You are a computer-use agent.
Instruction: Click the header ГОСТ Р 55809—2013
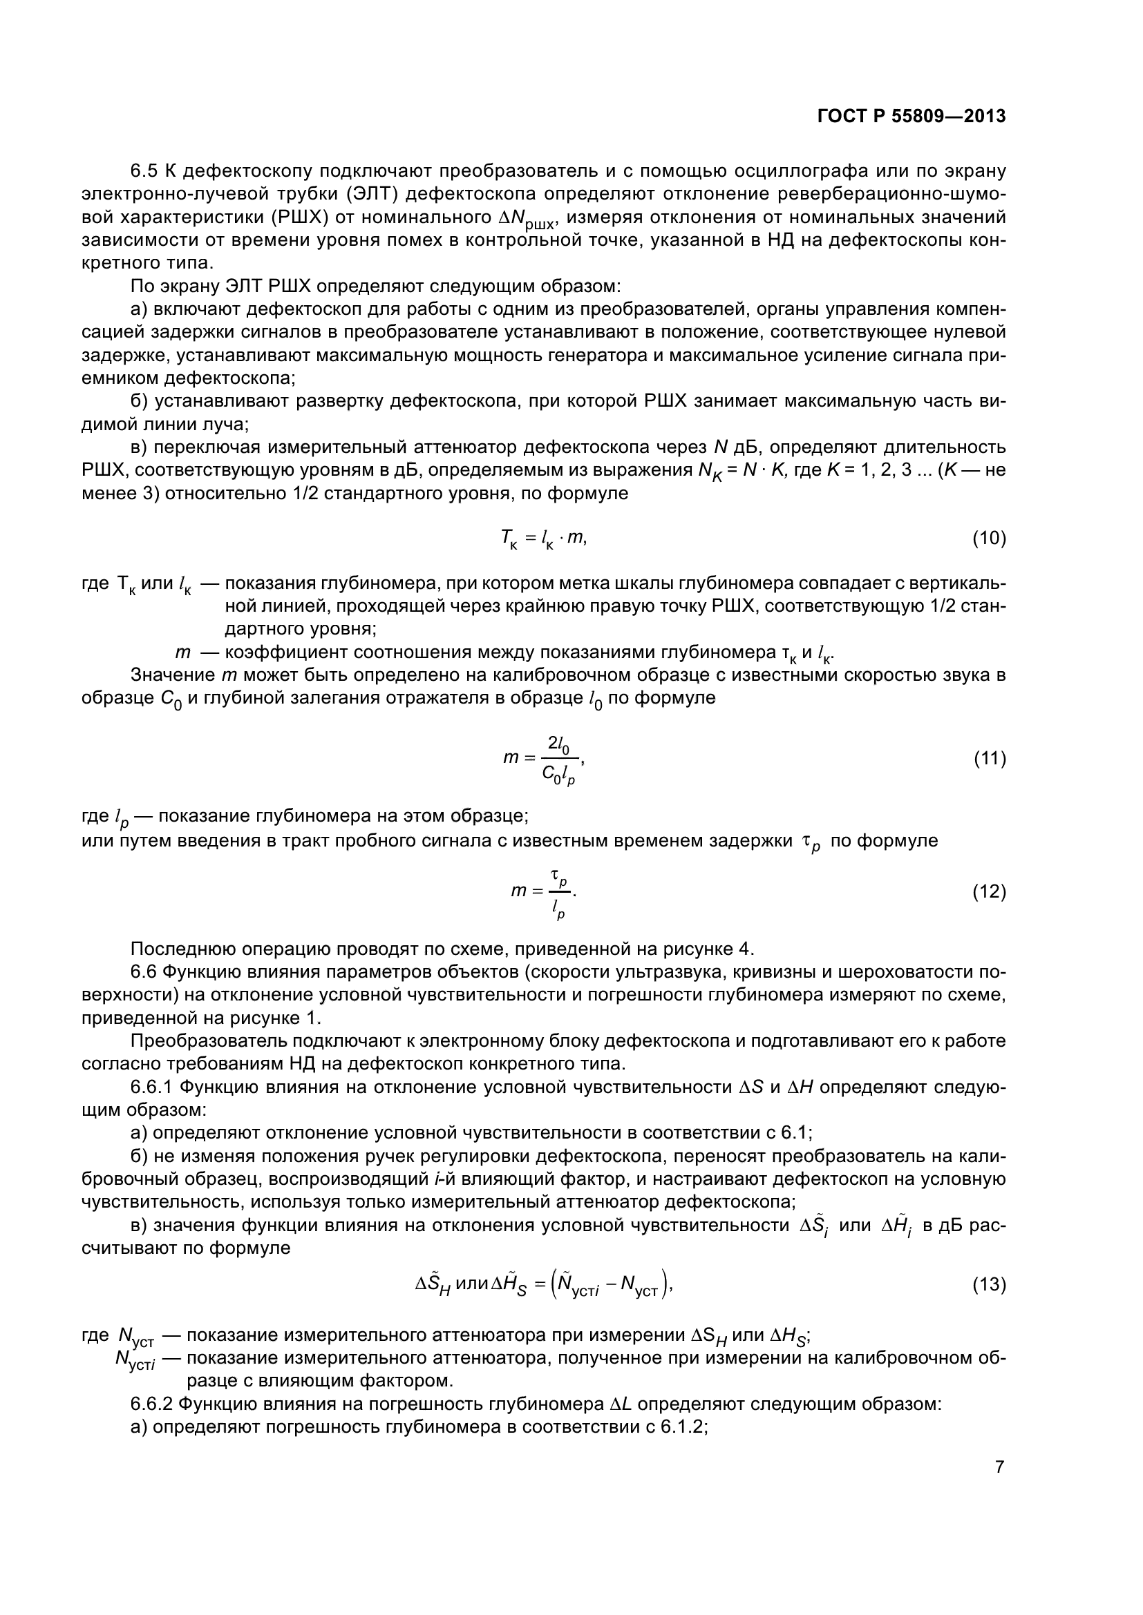tap(911, 117)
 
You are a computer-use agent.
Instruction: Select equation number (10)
tap(989, 539)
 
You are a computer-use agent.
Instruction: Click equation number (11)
tap(989, 759)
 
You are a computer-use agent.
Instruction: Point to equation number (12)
tap(989, 893)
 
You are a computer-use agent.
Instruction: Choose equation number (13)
tap(989, 1285)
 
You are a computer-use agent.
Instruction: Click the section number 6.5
tap(145, 171)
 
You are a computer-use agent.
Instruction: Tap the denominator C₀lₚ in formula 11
tap(558, 775)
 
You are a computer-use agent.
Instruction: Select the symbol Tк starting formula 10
tap(507, 539)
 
